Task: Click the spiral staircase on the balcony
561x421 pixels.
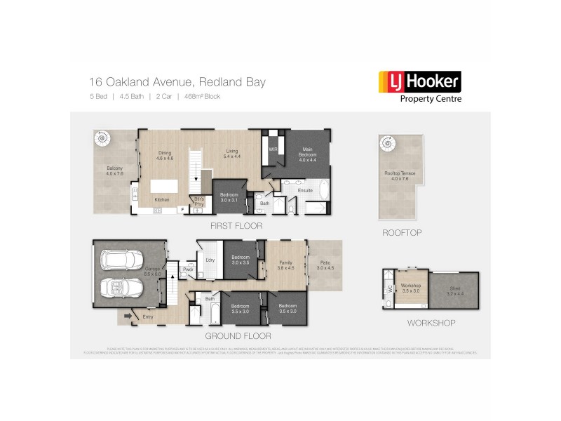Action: coord(103,140)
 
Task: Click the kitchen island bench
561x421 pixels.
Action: coord(168,188)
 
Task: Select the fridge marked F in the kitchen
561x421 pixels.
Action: coord(182,209)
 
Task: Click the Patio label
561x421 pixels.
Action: coord(324,264)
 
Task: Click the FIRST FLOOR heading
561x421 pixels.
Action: coord(236,227)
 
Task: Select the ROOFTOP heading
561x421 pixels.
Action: coord(401,232)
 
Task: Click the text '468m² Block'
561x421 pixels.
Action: coord(201,96)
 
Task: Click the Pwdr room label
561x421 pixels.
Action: coord(187,269)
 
